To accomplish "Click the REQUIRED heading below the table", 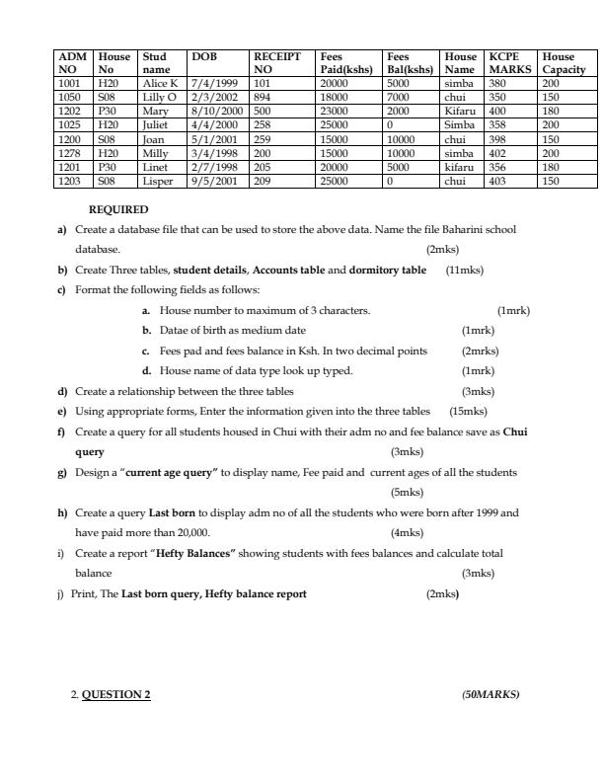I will pos(118,209).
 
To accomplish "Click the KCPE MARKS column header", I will pos(509,63).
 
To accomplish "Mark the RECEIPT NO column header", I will pos(276,63).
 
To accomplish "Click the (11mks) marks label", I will pos(464,270).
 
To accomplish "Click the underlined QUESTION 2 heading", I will pos(115,694).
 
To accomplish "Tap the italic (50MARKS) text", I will pos(490,694).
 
